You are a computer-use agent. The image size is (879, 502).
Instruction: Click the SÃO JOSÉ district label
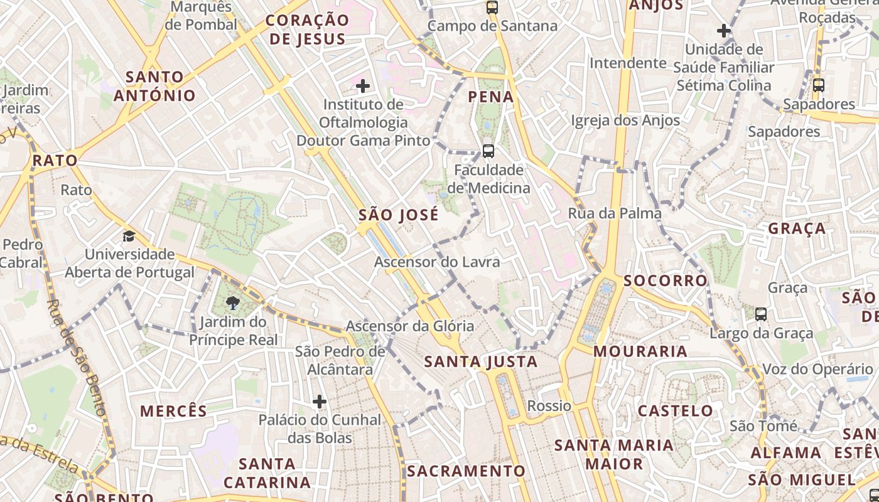tap(399, 215)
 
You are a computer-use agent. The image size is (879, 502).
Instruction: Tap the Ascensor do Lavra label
tap(437, 262)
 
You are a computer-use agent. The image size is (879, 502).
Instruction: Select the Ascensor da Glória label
tap(409, 326)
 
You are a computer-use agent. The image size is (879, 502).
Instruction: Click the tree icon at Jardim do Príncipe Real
tap(233, 304)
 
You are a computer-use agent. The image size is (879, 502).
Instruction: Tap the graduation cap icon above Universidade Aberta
tap(129, 237)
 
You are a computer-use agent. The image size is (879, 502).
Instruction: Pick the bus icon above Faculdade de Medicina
tap(488, 151)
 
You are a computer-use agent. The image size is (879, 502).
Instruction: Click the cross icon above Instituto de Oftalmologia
tap(363, 86)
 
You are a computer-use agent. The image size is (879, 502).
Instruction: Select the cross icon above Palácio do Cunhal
tap(320, 402)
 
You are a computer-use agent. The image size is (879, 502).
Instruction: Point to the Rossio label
tap(549, 406)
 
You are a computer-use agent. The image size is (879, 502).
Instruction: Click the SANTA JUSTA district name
tap(481, 361)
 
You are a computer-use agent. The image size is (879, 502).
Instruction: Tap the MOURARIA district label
tap(640, 351)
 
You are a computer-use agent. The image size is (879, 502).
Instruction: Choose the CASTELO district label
tap(676, 411)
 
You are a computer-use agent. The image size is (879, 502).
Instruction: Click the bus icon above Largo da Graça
tap(761, 314)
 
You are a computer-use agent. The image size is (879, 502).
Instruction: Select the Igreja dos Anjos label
tap(625, 120)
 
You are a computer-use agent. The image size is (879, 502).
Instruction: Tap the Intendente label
tap(628, 63)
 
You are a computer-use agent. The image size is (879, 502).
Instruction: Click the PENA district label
tap(491, 97)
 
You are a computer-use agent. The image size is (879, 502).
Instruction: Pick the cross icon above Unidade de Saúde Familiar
tap(724, 30)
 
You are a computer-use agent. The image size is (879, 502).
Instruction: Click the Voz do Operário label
tap(817, 369)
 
